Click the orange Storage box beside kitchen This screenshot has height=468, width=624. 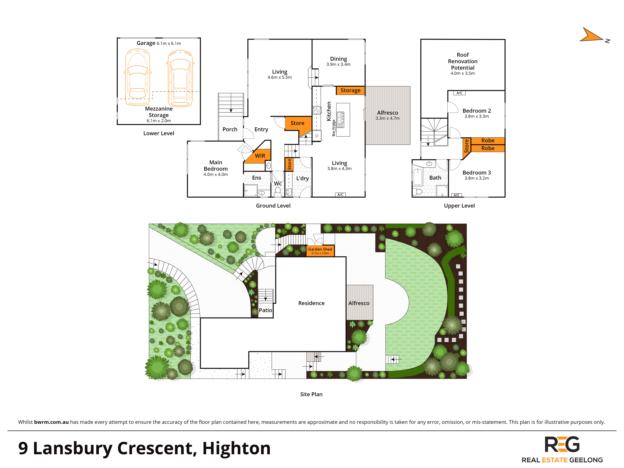point(350,90)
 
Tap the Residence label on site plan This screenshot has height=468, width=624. point(311,303)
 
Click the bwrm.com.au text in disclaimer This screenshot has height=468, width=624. point(51,422)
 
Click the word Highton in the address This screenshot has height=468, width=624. point(236,448)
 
